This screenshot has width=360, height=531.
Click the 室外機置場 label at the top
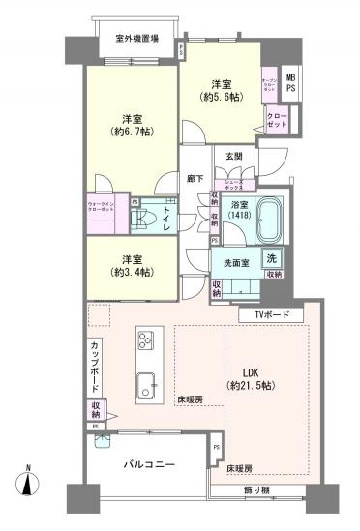pos(137,39)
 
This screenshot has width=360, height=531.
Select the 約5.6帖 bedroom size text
pos(218,97)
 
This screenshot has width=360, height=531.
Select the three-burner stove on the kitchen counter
pos(146,339)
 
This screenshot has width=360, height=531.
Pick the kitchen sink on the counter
pos(144,379)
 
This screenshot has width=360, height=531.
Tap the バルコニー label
pos(150,465)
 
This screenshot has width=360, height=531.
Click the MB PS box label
pos(291,82)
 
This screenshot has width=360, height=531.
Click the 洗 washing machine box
pos(272,259)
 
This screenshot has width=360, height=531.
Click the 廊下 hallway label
pos(194,179)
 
